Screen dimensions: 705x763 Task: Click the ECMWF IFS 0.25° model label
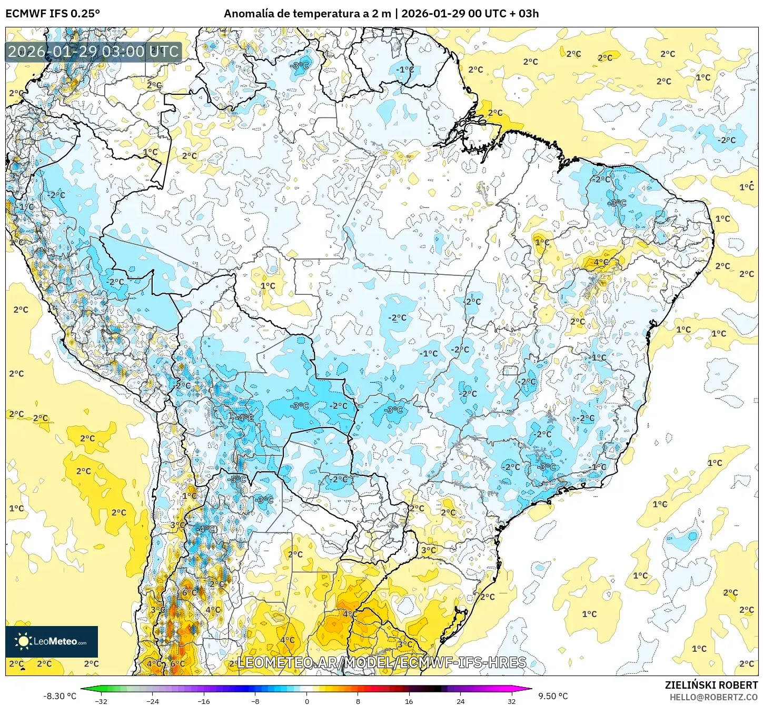[x=53, y=14]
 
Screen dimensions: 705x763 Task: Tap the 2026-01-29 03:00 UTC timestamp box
[x=93, y=52]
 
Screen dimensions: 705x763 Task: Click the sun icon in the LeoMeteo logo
[x=23, y=641]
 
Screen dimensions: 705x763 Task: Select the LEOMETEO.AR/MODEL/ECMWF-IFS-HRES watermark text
[x=382, y=662]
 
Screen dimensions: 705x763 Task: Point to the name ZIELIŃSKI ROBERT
[x=711, y=685]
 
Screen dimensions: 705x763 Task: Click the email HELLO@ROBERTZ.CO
[x=714, y=697]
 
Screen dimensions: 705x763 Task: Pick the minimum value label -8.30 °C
[x=60, y=696]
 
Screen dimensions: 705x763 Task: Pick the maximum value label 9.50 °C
[x=553, y=696]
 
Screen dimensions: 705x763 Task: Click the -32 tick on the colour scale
[x=101, y=701]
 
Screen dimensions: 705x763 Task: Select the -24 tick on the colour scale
[x=152, y=701]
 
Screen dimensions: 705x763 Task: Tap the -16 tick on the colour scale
[x=203, y=701]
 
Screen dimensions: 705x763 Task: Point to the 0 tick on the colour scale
[x=307, y=701]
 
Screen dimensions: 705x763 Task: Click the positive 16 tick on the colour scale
[x=409, y=701]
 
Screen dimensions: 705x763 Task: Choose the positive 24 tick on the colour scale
[x=460, y=701]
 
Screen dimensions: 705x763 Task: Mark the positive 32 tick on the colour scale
[x=511, y=701]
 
